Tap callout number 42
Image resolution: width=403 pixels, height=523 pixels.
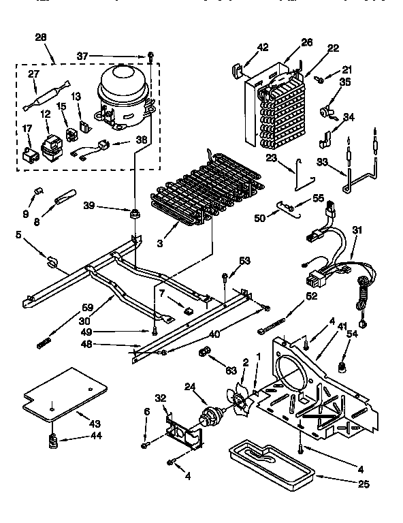(244, 47)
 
